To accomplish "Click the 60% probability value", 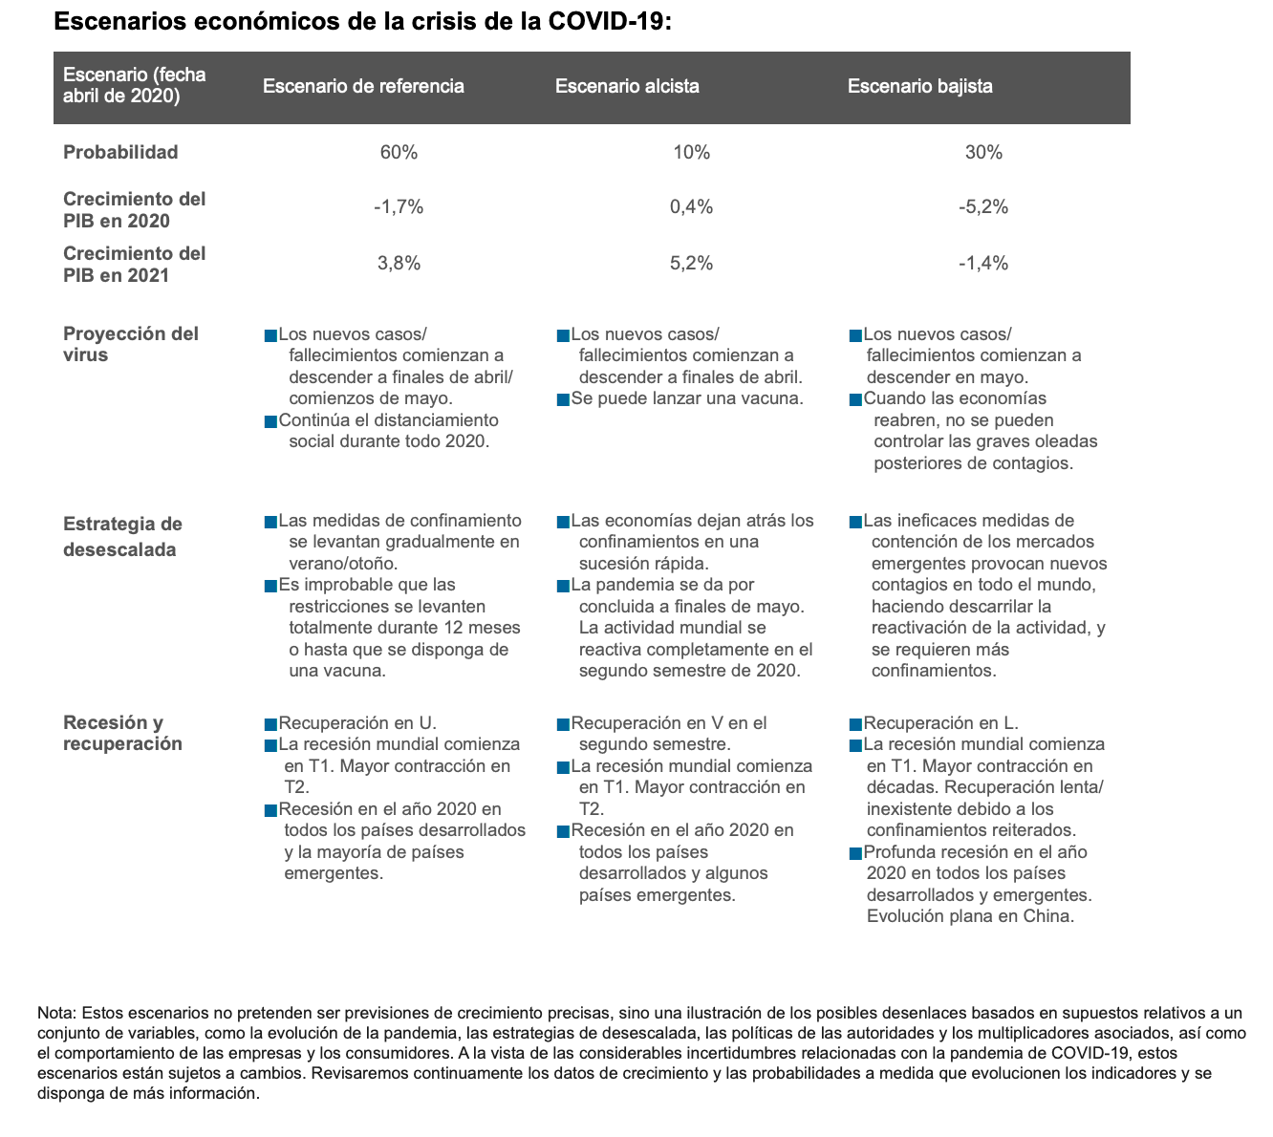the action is pos(399,153).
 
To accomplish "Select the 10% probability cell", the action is pos(691,153).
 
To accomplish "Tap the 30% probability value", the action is pos(983,153).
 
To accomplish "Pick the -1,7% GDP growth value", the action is pos(399,207).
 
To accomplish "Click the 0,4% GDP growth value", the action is pos(691,207).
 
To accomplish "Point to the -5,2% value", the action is pos(983,207).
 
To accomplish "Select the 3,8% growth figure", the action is pos(399,263).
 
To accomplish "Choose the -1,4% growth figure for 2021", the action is pos(983,263).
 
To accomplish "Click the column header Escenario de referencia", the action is pos(363,86).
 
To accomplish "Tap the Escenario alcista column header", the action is pos(627,86).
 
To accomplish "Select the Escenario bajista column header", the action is pos(920,86).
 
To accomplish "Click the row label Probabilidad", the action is pos(120,153).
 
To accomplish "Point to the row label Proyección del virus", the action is pos(131,344).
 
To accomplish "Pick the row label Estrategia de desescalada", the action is pos(122,536).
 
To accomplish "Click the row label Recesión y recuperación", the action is pos(122,733).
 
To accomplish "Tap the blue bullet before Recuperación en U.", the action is pos(270,724).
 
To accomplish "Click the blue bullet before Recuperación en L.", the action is pos(855,724).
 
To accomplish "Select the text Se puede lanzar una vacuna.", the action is pos(687,398).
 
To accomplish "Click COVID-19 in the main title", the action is pos(606,21).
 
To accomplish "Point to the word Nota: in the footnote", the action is pos(56,1013).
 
